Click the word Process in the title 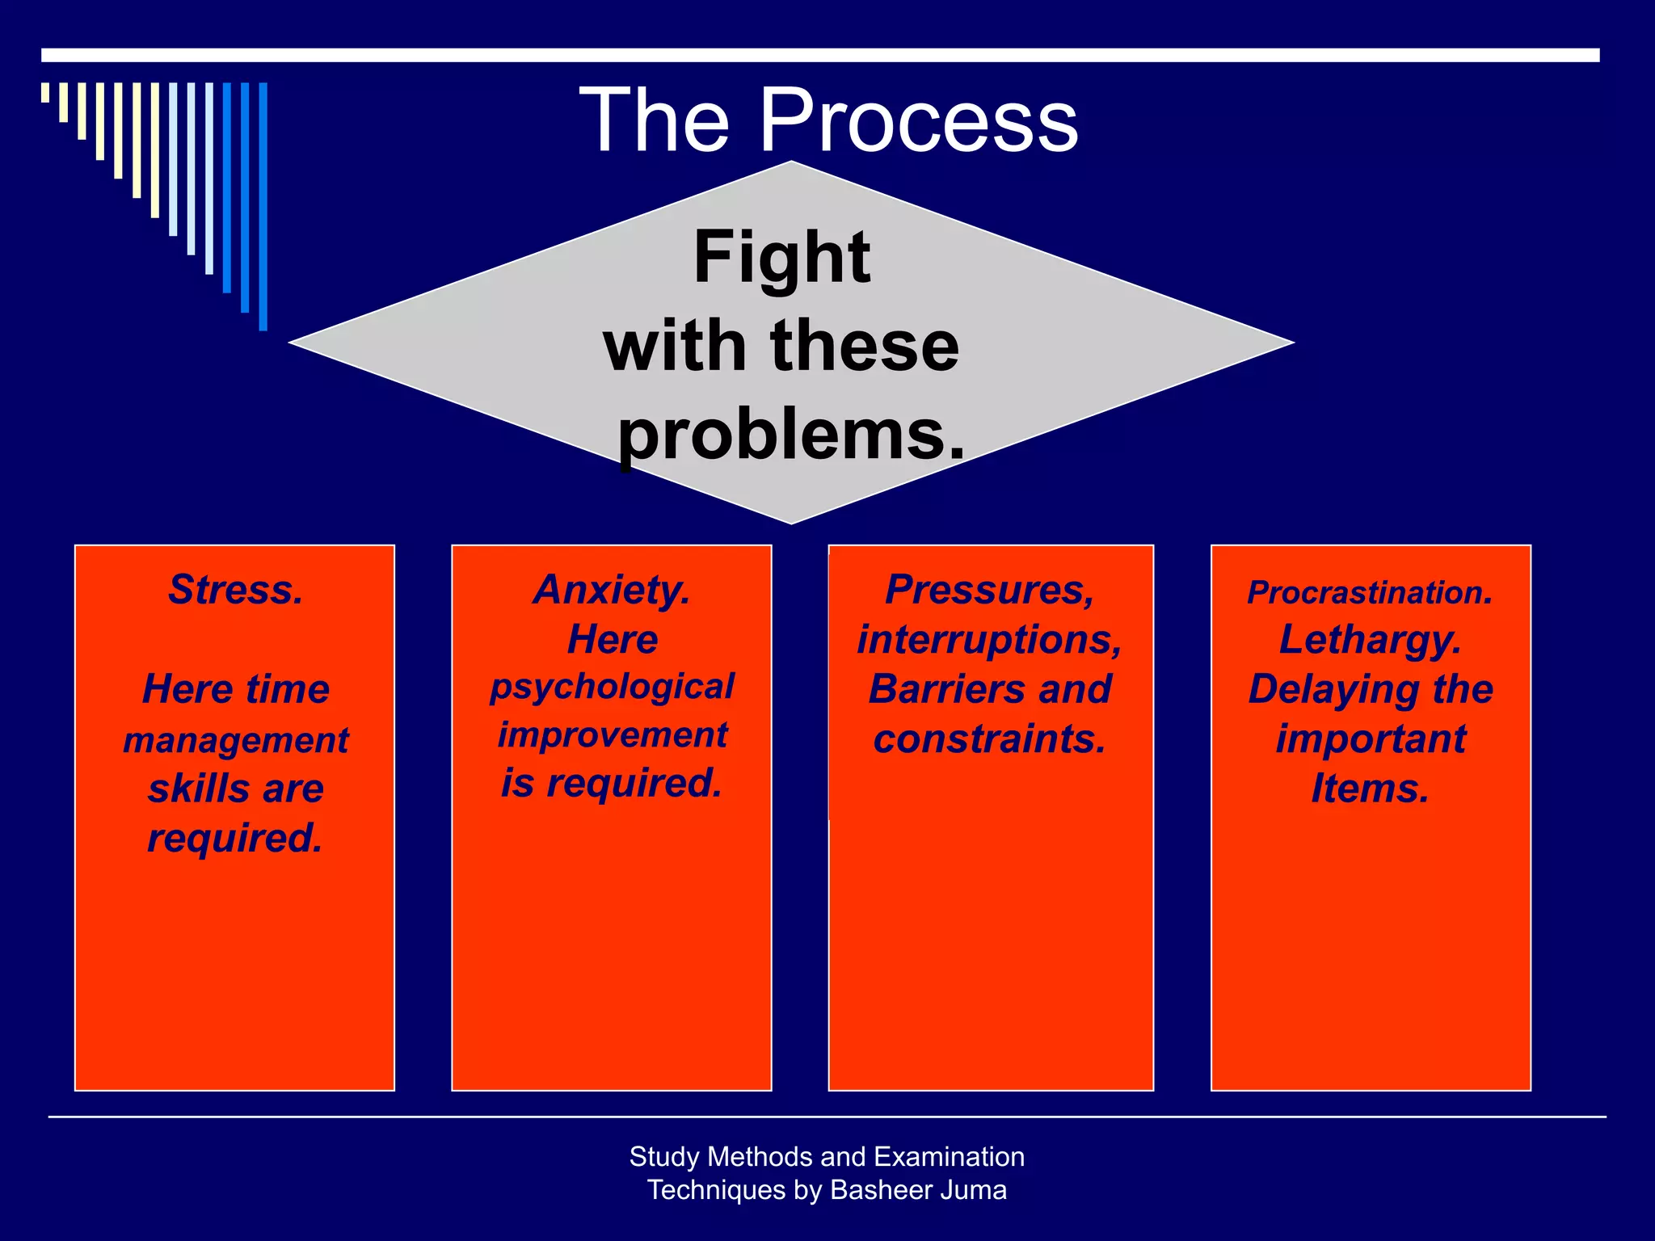[x=919, y=121]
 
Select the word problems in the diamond [x=781, y=435]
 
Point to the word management [x=236, y=741]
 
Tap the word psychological [x=613, y=688]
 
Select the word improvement [x=613, y=735]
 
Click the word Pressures [x=987, y=590]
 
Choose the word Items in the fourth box [x=1367, y=789]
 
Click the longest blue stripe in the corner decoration [x=263, y=206]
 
